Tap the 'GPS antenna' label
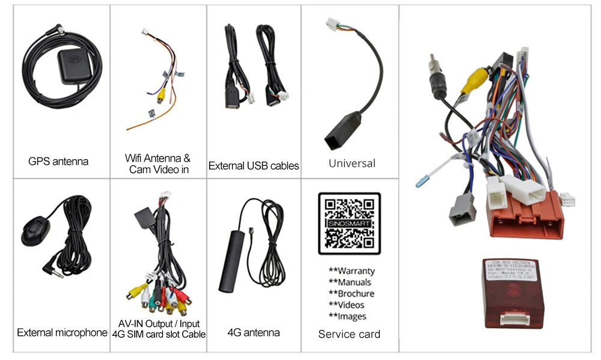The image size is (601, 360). tap(58, 161)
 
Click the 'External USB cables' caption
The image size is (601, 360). tap(254, 165)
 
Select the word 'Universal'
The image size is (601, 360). tap(352, 163)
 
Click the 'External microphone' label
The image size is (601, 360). tap(62, 332)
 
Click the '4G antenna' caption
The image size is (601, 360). tap(254, 332)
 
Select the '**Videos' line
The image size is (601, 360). tap(346, 305)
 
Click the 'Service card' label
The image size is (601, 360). tap(349, 334)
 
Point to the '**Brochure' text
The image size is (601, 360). tap(351, 293)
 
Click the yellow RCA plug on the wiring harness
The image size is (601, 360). tap(478, 79)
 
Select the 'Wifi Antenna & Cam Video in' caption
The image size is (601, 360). tap(158, 164)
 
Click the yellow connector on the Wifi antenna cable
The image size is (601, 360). tap(161, 95)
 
